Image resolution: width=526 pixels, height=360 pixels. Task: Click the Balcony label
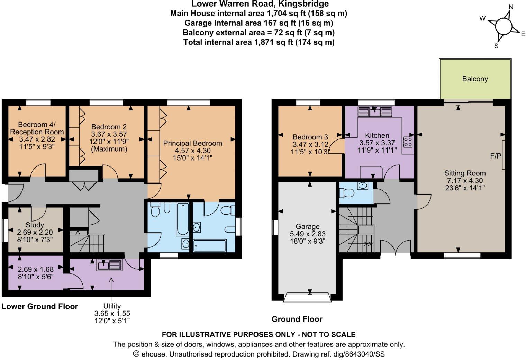[475, 79]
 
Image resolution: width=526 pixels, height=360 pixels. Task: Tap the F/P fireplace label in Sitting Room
[496, 156]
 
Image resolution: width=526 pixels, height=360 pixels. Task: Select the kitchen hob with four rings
[408, 142]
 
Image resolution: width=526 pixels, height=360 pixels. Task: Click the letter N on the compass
[510, 7]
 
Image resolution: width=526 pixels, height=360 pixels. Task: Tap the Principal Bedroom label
[192, 143]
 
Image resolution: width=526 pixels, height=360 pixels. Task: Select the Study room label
[35, 225]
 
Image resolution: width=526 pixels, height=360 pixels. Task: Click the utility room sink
[109, 265]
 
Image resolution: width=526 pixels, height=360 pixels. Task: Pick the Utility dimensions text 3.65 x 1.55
[112, 313]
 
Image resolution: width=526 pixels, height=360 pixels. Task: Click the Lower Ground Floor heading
[40, 306]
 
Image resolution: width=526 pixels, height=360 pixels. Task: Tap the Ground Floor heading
[297, 319]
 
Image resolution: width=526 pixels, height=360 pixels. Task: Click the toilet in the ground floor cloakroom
[346, 192]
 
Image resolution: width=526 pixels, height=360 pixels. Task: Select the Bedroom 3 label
[310, 137]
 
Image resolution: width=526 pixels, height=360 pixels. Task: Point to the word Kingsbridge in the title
[306, 4]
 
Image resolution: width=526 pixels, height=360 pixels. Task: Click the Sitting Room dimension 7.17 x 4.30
[465, 180]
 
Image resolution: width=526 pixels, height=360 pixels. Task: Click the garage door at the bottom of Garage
[307, 297]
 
